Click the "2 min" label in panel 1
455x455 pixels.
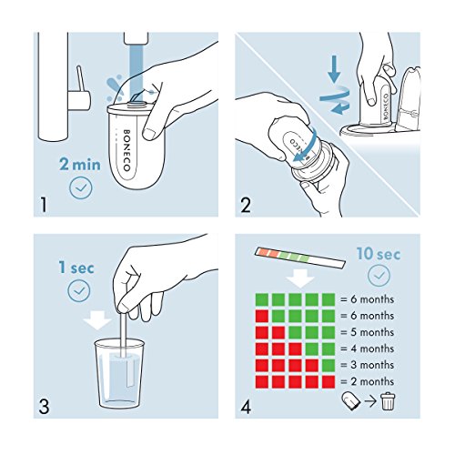point(80,165)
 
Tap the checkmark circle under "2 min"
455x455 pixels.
point(80,188)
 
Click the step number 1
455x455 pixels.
point(44,205)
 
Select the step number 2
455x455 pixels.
point(246,205)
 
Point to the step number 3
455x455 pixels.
point(44,407)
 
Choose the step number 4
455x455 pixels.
point(246,407)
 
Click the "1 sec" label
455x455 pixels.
point(76,268)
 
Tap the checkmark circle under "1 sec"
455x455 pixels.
point(79,291)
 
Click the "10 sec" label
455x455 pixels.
point(379,254)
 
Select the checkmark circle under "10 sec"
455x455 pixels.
point(379,276)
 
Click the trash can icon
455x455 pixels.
point(388,401)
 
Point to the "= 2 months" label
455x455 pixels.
point(367,381)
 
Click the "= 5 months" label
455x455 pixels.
point(367,332)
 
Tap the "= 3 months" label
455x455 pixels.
point(367,365)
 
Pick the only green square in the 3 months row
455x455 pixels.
point(328,365)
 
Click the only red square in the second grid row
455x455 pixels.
point(262,316)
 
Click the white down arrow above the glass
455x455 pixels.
point(97,320)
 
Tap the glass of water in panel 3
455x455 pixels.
point(119,374)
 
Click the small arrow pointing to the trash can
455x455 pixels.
point(370,401)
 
